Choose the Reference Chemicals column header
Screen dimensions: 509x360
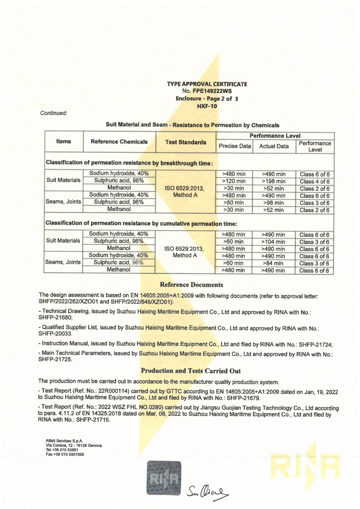[x=119, y=142]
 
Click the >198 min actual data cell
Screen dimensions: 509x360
[x=274, y=181]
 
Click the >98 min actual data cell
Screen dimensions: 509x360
[x=274, y=203]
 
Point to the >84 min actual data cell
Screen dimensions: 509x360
[x=274, y=263]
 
